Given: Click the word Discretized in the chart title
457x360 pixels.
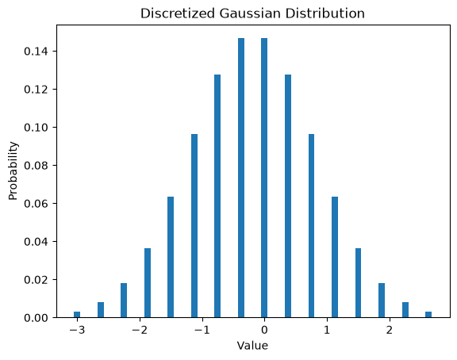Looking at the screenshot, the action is pos(178,13).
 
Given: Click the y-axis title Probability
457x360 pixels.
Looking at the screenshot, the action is pos(13,170).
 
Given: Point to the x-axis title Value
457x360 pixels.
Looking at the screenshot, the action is pos(252,346).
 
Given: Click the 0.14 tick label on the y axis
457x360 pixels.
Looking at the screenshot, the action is pos(36,52).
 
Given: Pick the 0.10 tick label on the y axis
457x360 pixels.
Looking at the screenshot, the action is pos(36,128).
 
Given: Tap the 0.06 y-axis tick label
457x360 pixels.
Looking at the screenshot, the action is pos(36,203).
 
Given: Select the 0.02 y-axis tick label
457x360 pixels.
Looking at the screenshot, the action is pos(36,280).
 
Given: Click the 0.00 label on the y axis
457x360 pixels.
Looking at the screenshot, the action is pos(36,317).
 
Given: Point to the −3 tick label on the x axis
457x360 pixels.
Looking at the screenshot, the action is pos(77,330).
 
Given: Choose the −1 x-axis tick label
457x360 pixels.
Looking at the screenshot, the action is pos(202,330).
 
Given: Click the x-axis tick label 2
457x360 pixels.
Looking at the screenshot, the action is pos(390,330).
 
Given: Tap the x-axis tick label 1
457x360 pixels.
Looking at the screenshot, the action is pos(327,330).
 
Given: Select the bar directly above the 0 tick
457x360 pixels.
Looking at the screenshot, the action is pos(264,178).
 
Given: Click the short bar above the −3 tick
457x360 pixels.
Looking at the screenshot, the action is pos(77,315).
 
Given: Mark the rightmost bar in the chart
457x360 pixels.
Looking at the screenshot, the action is pos(428,315).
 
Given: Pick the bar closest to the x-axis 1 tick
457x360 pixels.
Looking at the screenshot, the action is pos(335,257).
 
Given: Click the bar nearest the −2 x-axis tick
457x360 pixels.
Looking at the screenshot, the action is pos(148,283).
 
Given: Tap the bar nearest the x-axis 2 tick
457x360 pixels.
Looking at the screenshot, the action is pos(382,301).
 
